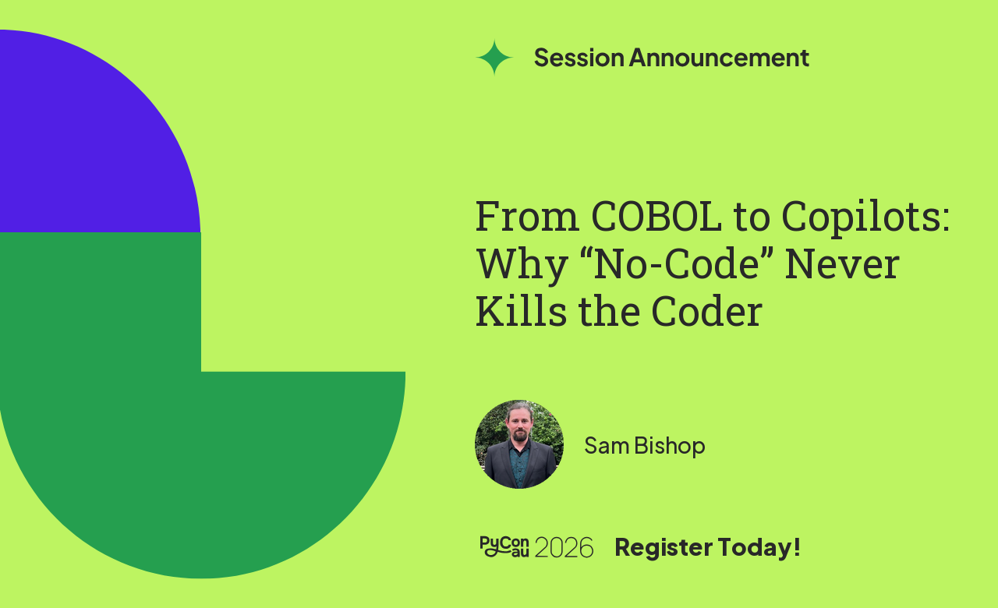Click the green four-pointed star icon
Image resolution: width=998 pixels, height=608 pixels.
tap(494, 58)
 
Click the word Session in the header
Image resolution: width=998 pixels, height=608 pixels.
tap(579, 58)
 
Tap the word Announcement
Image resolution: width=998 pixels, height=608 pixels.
tap(719, 58)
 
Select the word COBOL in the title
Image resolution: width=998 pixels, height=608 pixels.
tap(656, 217)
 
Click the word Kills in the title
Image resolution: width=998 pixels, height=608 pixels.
tap(522, 311)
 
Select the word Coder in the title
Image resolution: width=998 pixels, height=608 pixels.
tap(706, 311)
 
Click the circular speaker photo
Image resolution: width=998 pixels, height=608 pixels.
tap(519, 444)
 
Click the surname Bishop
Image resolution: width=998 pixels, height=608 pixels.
tap(670, 446)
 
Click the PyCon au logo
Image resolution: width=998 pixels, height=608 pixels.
tap(504, 546)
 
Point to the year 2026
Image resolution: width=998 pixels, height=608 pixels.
tap(564, 547)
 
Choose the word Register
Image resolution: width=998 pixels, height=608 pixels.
tap(664, 547)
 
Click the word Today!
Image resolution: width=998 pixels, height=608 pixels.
tap(759, 547)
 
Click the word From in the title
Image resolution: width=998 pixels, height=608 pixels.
tap(527, 217)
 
